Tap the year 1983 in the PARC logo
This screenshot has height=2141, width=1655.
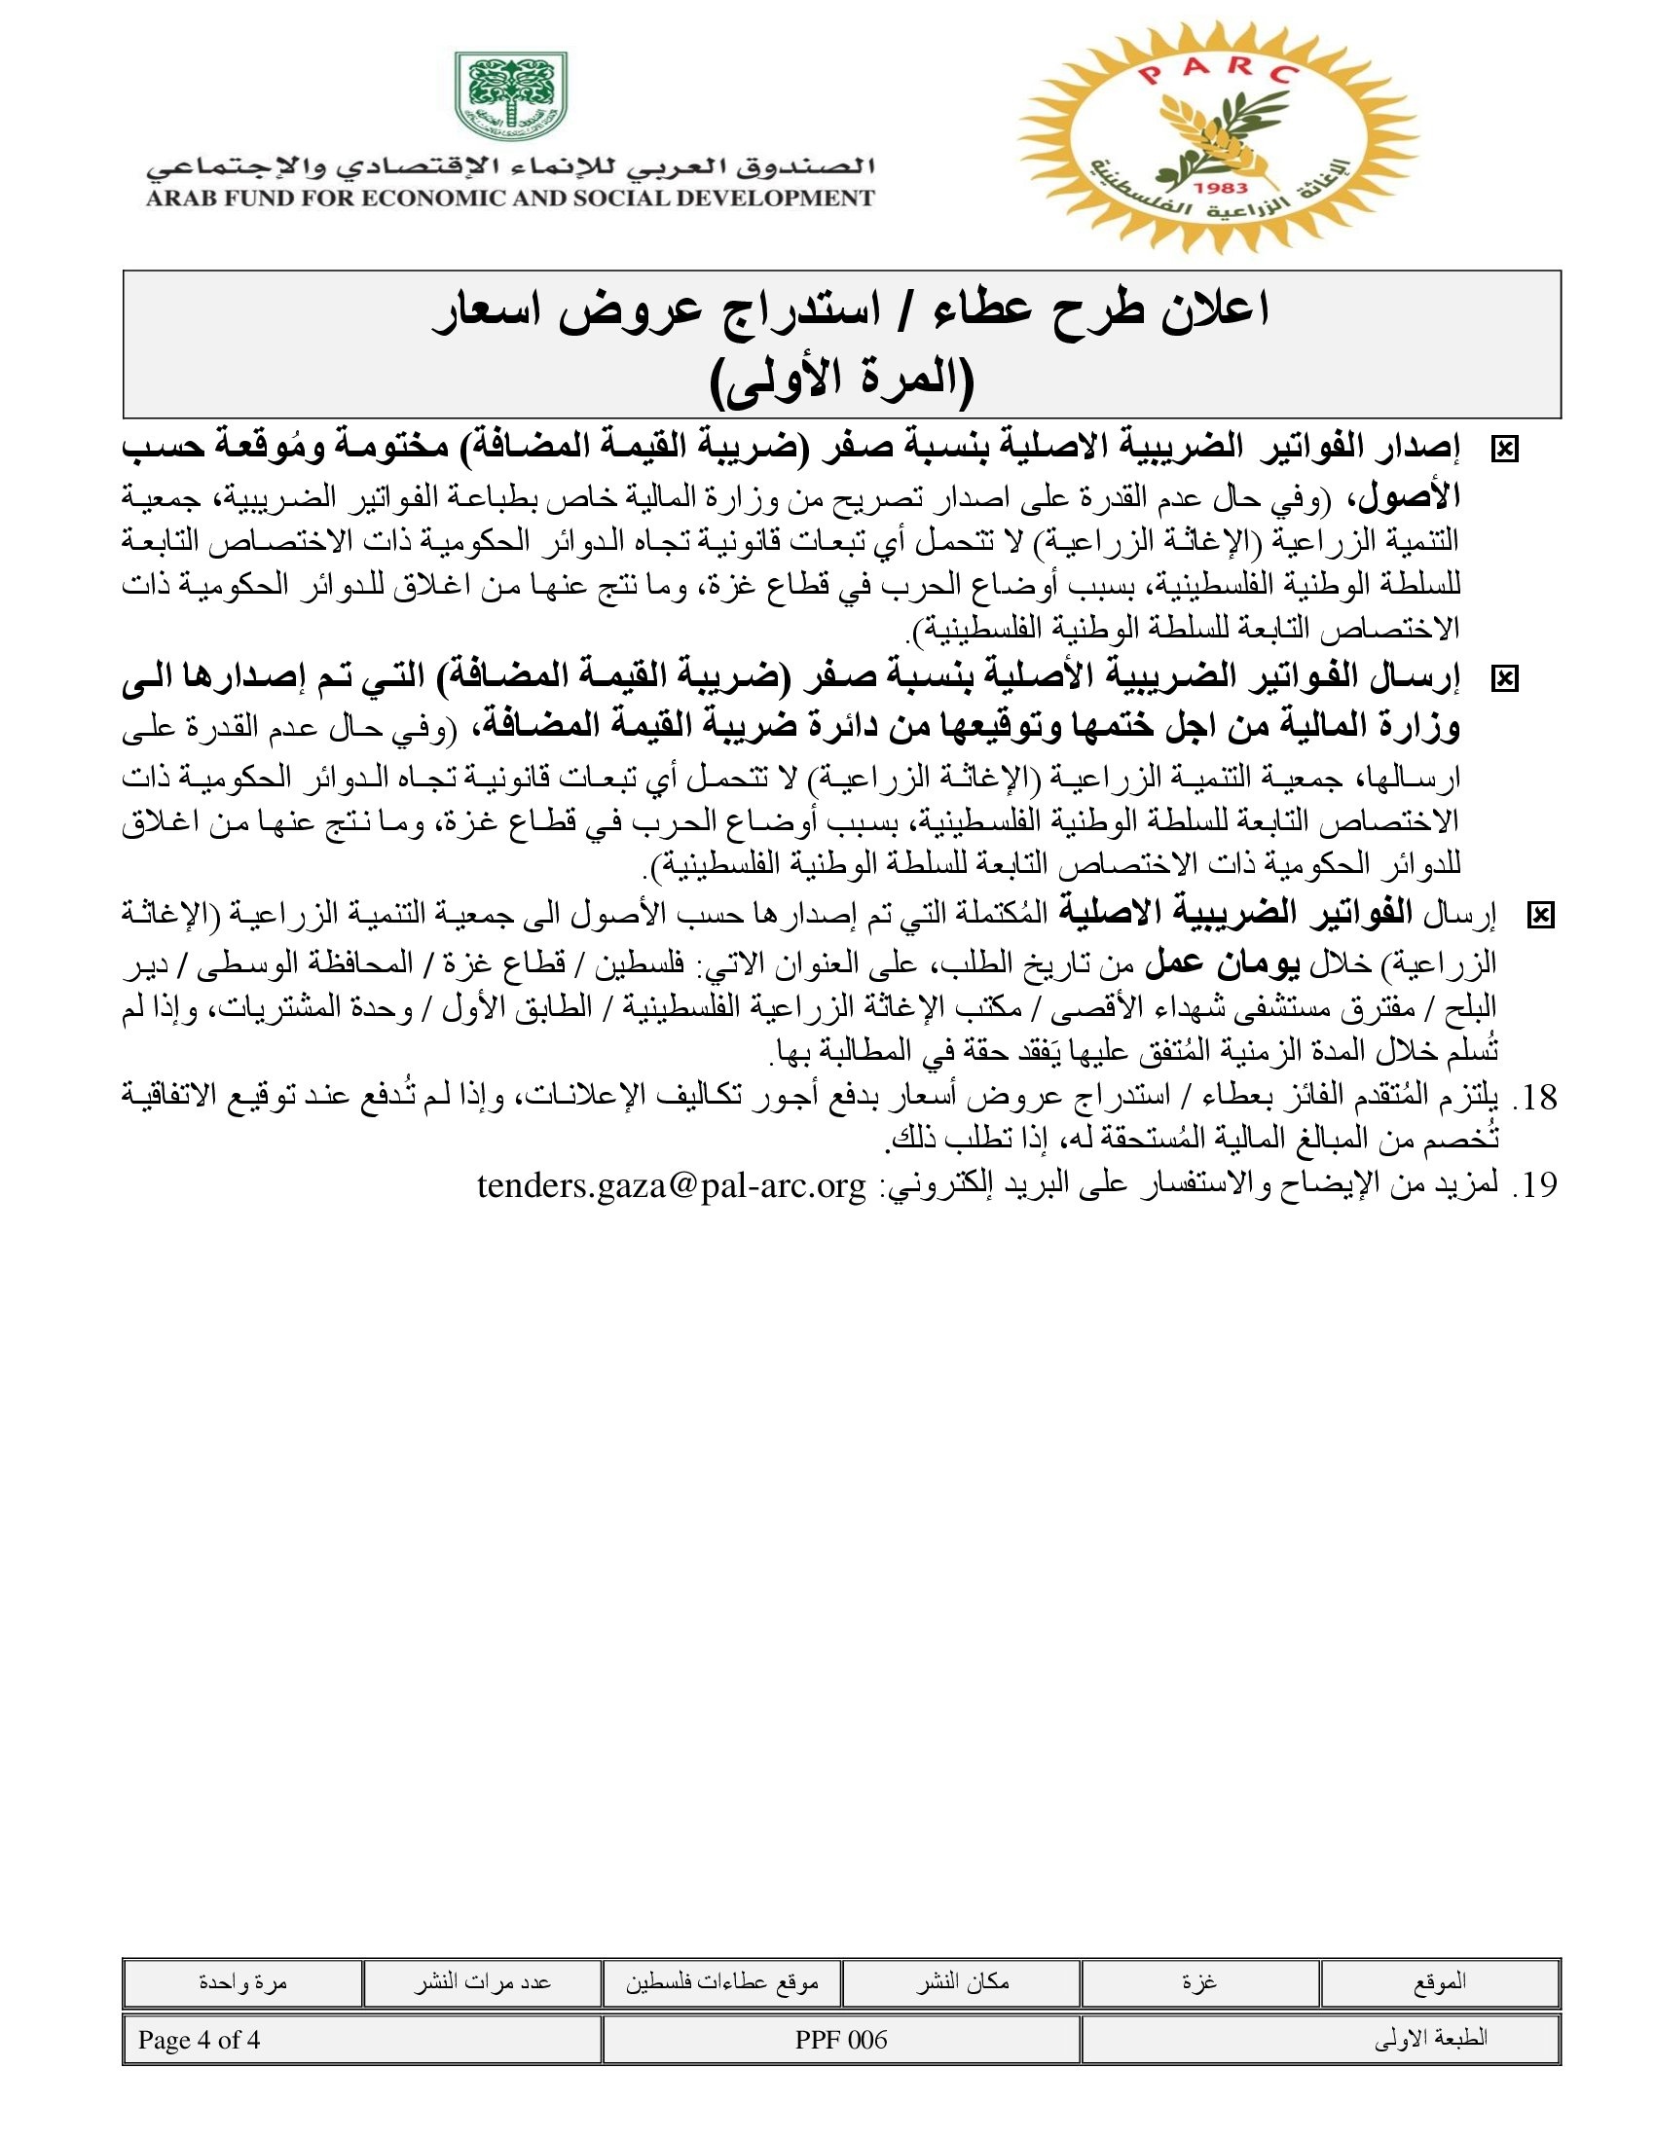[x=1222, y=187]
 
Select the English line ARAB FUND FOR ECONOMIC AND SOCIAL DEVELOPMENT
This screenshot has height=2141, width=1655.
[x=510, y=198]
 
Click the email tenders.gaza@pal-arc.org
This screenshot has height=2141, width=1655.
[x=672, y=1185]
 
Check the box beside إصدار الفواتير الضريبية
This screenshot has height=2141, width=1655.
[x=1503, y=450]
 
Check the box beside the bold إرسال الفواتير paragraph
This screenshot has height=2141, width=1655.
[x=1503, y=678]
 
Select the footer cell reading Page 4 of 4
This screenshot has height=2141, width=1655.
[x=199, y=2040]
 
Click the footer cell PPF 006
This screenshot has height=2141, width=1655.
[x=841, y=2040]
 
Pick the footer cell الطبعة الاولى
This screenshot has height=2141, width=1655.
[x=1430, y=2040]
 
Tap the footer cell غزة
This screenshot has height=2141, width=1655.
[x=1200, y=1982]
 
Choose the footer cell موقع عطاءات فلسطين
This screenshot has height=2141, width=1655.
[x=721, y=1982]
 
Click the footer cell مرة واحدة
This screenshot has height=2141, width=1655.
[x=242, y=1982]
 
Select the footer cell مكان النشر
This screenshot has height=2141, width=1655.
[x=962, y=1982]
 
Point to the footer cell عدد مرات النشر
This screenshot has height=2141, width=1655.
[x=481, y=1982]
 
